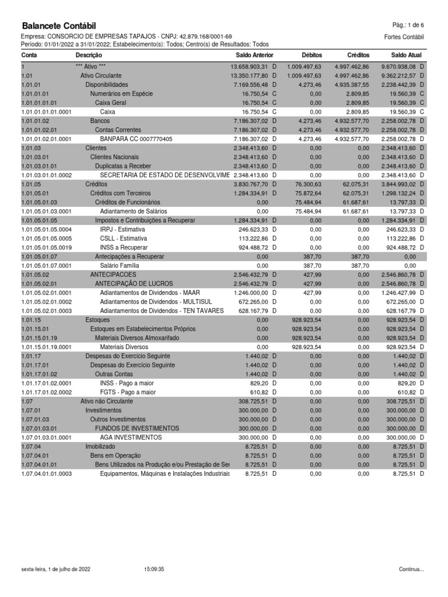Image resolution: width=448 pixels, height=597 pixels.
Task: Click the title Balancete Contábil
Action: pyautogui.click(x=59, y=26)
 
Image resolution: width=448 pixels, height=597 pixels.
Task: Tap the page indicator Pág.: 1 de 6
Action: pyautogui.click(x=408, y=25)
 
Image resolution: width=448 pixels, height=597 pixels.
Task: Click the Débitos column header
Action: pyautogui.click(x=312, y=55)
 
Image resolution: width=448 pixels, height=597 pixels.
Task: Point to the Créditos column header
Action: pyautogui.click(x=358, y=55)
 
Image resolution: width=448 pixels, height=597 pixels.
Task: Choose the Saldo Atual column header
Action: pyautogui.click(x=406, y=55)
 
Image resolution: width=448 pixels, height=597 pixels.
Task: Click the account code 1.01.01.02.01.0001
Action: pyautogui.click(x=46, y=139)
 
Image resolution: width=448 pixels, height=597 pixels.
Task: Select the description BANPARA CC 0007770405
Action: pyautogui.click(x=136, y=139)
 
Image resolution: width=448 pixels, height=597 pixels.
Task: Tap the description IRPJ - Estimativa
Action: pyautogui.click(x=123, y=230)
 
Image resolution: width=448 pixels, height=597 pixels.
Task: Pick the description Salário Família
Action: pyautogui.click(x=120, y=266)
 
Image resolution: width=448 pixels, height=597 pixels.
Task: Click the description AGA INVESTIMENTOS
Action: pyautogui.click(x=131, y=437)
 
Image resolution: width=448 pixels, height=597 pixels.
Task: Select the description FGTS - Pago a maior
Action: pyautogui.click(x=128, y=392)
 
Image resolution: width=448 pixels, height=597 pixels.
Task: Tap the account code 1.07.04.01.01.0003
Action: pyautogui.click(x=46, y=474)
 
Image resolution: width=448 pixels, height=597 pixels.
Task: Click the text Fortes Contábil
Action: pyautogui.click(x=404, y=37)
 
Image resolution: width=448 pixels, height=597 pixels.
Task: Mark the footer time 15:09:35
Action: pyautogui.click(x=153, y=569)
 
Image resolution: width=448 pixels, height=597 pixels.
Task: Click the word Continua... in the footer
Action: pyautogui.click(x=411, y=569)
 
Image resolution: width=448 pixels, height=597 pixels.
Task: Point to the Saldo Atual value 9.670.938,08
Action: pyautogui.click(x=400, y=66)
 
